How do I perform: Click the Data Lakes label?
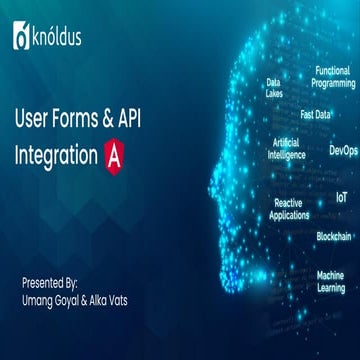click(x=274, y=88)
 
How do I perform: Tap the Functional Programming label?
click(x=333, y=77)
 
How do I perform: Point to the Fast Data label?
click(x=316, y=114)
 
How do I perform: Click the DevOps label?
click(x=342, y=151)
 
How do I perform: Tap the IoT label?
click(x=341, y=198)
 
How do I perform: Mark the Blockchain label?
click(x=333, y=237)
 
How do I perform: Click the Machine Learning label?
click(x=330, y=281)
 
